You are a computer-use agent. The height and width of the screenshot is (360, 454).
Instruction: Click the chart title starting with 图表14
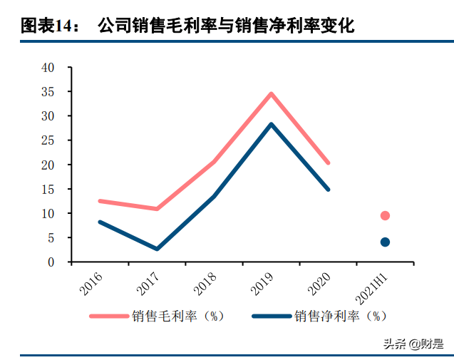pos(187,26)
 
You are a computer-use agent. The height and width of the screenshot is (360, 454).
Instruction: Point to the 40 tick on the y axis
pos(48,68)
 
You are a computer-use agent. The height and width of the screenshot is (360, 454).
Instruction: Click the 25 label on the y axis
pos(48,140)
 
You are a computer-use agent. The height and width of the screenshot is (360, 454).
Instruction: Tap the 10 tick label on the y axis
pos(48,214)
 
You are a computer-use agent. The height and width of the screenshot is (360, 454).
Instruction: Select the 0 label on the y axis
pos(51,262)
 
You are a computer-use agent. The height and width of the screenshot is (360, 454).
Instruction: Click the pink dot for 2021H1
pos(385,215)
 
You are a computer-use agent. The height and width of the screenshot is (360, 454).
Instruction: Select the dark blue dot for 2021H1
pos(385,242)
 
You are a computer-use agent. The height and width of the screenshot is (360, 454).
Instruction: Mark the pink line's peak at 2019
pos(272,93)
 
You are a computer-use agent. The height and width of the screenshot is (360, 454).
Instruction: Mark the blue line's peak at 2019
pos(272,124)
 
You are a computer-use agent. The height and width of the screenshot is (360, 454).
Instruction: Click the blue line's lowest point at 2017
pos(157,249)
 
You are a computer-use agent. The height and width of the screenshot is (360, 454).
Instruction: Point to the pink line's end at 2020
pos(328,163)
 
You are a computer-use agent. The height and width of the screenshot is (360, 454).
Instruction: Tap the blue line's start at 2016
pos(100,222)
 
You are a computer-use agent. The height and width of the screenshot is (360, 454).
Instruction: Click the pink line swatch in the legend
pos(108,316)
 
